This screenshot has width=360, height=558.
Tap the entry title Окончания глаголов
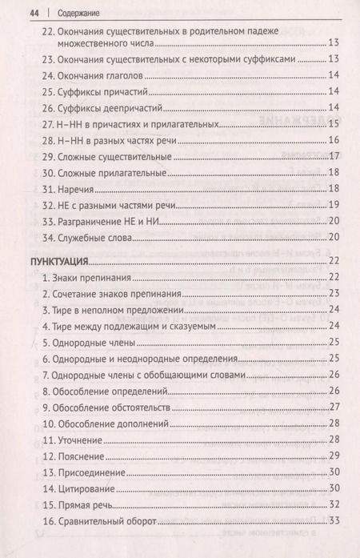pyautogui.click(x=100, y=76)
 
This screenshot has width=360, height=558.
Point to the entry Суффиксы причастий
pyautogui.click(x=103, y=92)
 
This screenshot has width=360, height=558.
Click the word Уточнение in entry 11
pyautogui.click(x=80, y=440)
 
